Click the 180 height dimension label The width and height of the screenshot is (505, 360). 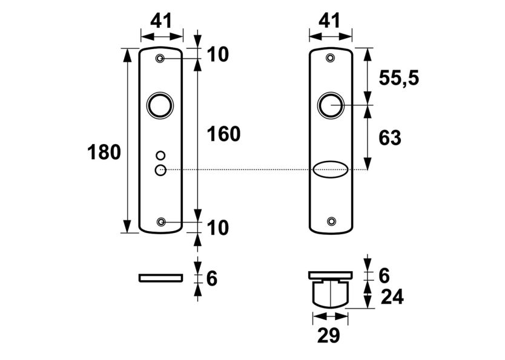105,152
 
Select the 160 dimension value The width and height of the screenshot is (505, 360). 223,134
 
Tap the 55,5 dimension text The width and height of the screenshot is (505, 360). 398,77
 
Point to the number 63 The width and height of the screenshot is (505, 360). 389,138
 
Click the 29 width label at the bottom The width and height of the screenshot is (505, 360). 329,335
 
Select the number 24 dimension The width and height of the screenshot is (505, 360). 391,297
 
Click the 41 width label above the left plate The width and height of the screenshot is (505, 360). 160,21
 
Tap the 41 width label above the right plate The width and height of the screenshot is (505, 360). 329,21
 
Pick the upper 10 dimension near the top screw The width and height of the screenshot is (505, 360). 217,54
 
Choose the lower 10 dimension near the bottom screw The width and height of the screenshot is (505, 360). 217,228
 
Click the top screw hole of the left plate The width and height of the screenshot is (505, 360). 160,58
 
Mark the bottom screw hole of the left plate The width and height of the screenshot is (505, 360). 161,222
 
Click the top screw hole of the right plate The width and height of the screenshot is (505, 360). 330,58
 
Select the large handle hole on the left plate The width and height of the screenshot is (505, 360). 160,105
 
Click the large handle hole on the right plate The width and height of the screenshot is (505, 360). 331,105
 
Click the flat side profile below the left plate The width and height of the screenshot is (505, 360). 160,278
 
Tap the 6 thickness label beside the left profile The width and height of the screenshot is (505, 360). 211,279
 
